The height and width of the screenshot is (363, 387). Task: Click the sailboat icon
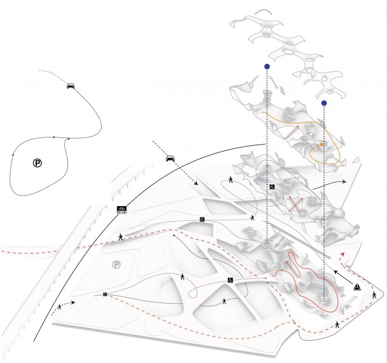357,287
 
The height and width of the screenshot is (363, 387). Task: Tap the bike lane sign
121,210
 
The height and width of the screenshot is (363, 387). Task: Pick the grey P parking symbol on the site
116,265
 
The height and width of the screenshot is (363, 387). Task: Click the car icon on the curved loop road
71,86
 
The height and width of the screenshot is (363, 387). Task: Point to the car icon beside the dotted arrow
170,158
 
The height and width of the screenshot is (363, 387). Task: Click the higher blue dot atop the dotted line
267,66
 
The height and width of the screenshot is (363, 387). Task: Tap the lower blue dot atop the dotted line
324,103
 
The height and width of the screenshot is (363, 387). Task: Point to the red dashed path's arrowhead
343,253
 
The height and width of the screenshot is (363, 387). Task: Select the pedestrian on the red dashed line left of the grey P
121,237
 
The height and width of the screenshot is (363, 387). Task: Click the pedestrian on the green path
224,301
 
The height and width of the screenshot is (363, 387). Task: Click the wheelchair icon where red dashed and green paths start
104,294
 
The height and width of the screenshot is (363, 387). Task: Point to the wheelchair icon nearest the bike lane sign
201,220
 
